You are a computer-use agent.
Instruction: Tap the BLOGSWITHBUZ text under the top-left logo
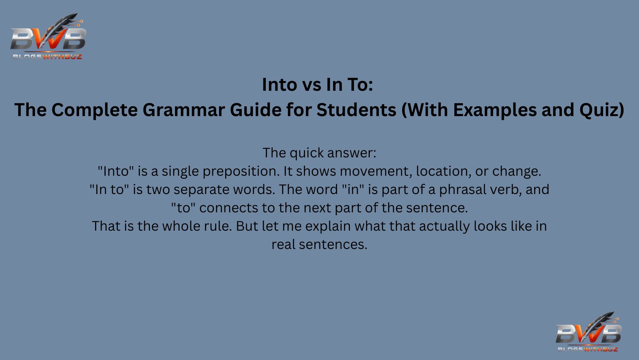(x=47, y=57)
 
